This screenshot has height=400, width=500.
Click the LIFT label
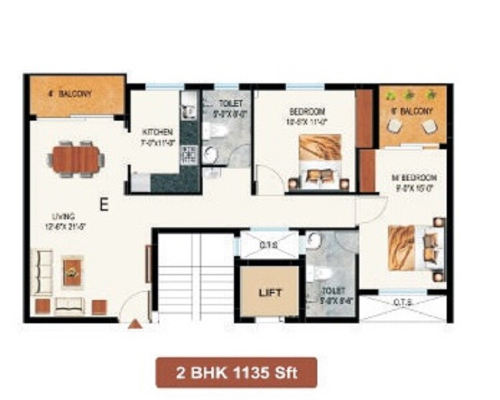point(270,293)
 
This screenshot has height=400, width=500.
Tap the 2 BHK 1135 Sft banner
point(237,373)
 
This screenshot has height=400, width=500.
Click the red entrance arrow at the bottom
point(135,325)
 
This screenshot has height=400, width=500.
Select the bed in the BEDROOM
point(319,163)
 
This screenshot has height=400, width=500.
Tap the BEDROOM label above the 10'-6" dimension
point(307,110)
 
